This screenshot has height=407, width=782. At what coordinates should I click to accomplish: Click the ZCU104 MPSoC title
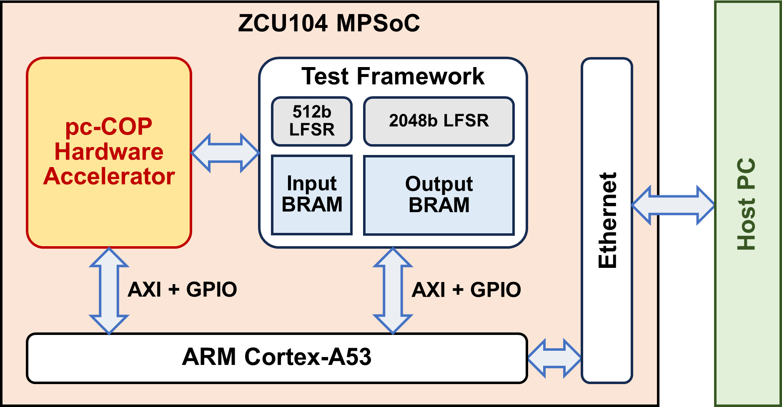(x=329, y=23)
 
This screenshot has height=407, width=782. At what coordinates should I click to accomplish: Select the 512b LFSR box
(x=312, y=121)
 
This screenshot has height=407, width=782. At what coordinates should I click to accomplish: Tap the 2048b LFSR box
(x=439, y=121)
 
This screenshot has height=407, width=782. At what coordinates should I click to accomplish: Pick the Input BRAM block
(x=312, y=195)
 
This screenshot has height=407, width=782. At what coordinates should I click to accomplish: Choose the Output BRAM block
(x=439, y=195)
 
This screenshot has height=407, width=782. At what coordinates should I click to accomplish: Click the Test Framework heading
(x=393, y=76)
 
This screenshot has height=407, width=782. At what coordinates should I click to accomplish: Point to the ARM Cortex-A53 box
(x=277, y=358)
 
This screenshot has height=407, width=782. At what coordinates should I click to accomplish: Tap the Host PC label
(x=746, y=204)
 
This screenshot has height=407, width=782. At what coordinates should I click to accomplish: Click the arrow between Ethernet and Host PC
(x=673, y=205)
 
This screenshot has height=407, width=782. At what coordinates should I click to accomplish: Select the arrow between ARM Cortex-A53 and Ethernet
(x=554, y=358)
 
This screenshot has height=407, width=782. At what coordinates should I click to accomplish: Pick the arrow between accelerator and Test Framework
(x=225, y=153)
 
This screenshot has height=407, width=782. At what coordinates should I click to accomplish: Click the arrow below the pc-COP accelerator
(x=109, y=291)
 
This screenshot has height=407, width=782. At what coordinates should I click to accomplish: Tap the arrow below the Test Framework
(x=393, y=291)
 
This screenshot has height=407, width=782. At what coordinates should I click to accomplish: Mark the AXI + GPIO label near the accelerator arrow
(x=182, y=290)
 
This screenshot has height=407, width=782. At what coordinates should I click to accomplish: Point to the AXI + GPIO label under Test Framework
(x=466, y=290)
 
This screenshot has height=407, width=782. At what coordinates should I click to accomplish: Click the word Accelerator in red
(x=109, y=176)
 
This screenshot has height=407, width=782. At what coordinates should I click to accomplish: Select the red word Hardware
(x=109, y=152)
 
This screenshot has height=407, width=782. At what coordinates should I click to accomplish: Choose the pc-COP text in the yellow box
(x=109, y=127)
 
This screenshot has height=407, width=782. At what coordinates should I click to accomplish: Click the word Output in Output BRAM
(x=439, y=184)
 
